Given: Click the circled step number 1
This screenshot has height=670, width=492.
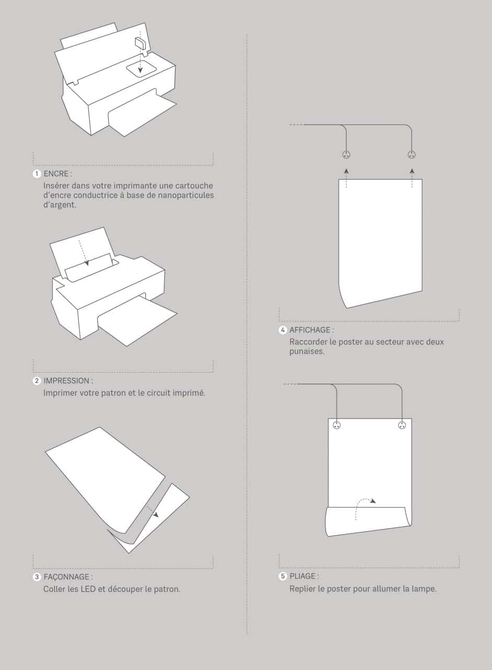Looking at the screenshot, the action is click(x=37, y=174).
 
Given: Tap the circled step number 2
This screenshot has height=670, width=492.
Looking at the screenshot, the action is click(x=37, y=381).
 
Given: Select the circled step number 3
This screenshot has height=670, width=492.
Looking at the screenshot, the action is click(x=37, y=577).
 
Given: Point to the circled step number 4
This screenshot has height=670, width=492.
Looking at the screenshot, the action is click(x=282, y=330).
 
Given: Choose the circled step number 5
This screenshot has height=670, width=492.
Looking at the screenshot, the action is click(x=282, y=576).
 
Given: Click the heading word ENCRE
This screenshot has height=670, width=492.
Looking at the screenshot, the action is click(x=56, y=174).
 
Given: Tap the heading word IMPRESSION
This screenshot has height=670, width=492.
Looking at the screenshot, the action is click(x=66, y=381).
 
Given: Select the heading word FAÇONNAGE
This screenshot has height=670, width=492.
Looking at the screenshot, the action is click(x=66, y=577).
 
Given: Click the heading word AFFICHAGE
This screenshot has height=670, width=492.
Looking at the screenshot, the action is click(x=310, y=330).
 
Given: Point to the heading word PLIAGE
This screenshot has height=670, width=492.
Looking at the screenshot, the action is click(x=302, y=576).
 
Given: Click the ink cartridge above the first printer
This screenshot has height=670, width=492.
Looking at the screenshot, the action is click(x=139, y=43).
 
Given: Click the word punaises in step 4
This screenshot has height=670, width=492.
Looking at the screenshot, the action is click(x=307, y=351).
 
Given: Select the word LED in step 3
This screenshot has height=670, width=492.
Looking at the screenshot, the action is click(x=88, y=589).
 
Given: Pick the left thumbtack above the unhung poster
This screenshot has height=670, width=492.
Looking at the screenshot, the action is click(x=346, y=154).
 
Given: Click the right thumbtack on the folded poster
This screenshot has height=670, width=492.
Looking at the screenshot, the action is click(x=402, y=426).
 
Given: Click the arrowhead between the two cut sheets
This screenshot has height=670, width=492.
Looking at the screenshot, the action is click(x=156, y=515).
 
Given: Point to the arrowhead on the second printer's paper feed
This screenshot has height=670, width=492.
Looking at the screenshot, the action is click(x=87, y=263).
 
